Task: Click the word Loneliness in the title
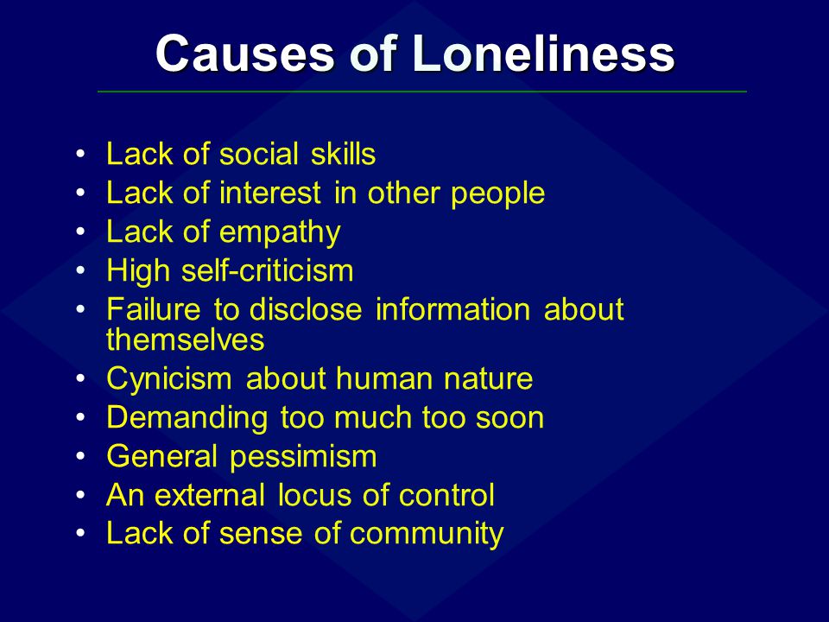click(x=543, y=54)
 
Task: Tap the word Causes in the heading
click(x=245, y=54)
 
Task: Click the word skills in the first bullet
click(x=343, y=154)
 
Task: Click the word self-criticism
click(x=267, y=270)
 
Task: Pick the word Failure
click(x=154, y=309)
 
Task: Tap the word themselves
click(x=185, y=340)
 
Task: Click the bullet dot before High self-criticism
click(x=80, y=270)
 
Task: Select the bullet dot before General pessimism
click(x=80, y=456)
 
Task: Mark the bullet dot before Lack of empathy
click(x=80, y=232)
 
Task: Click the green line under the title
click(x=422, y=92)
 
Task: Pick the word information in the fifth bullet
click(x=452, y=309)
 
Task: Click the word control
click(x=446, y=496)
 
